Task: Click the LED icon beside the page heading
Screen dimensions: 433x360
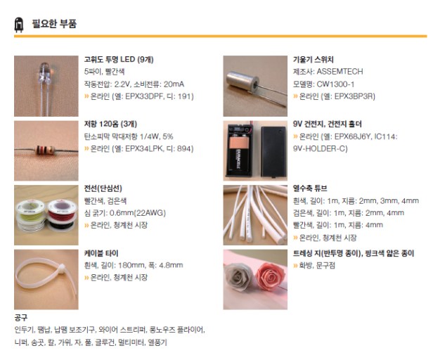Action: point(19,25)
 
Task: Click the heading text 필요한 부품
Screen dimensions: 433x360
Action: point(54,23)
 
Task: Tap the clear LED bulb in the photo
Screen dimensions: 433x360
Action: point(45,72)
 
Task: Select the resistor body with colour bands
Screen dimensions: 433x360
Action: point(45,150)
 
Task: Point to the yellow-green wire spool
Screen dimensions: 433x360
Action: point(30,210)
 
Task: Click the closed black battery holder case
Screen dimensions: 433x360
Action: point(273,151)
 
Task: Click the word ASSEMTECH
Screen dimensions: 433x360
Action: point(340,72)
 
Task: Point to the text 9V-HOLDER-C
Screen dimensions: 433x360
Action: point(320,148)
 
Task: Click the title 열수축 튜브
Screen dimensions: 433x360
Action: point(310,188)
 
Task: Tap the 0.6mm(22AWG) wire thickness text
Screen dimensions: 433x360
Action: point(138,213)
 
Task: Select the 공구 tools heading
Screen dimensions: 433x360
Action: point(21,317)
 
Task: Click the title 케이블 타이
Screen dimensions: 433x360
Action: point(101,253)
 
